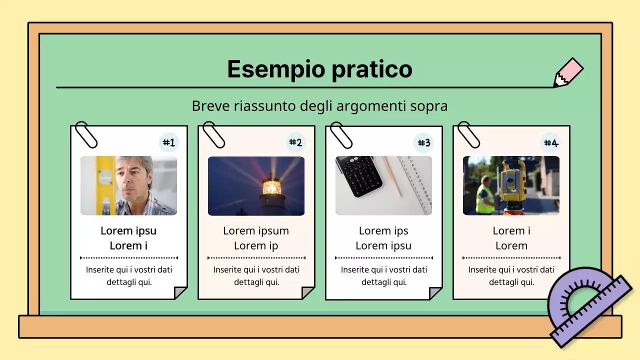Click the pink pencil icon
click(568, 72)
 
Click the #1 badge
click(169, 143)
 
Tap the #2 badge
click(296, 143)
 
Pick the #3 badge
click(423, 143)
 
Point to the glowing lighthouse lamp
click(271, 187)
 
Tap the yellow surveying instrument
click(515, 180)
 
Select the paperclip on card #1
click(85, 134)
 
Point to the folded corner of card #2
click(308, 293)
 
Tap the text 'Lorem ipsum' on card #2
click(256, 231)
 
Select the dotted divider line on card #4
click(511, 258)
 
